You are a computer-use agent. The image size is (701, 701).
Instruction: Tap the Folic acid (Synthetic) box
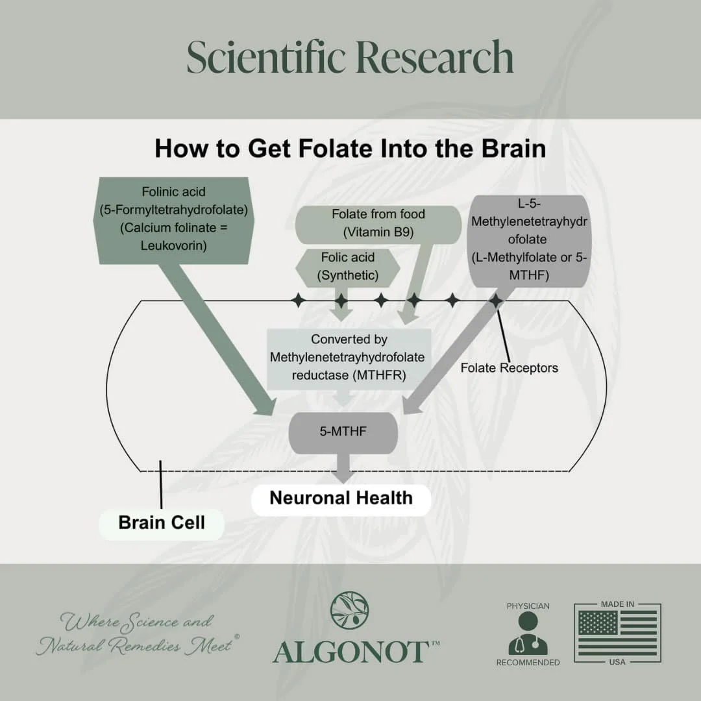pos(347,266)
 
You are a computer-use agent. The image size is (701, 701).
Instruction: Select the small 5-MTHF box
pos(343,431)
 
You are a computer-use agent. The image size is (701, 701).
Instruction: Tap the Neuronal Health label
pos(341,498)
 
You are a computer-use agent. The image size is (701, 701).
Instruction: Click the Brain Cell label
pos(161,523)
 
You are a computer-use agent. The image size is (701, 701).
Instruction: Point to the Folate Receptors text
pos(509,368)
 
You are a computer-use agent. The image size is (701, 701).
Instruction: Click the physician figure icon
pos(528,633)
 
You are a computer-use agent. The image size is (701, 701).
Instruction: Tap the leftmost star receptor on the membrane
pos(298,301)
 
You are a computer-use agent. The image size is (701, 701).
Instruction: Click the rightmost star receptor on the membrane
pos(495,301)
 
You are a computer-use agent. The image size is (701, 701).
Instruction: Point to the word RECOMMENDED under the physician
pos(528,663)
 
